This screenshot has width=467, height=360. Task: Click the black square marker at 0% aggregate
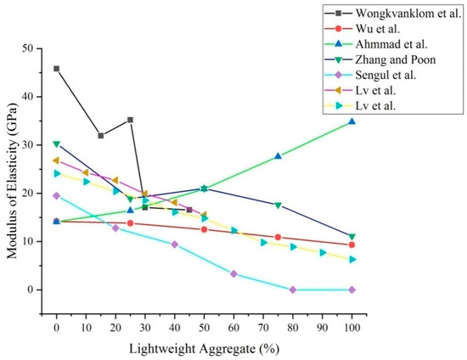pyautogui.click(x=57, y=69)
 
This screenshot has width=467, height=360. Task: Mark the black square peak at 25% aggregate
pyautogui.click(x=130, y=120)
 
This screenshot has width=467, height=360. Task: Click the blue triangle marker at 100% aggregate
pyautogui.click(x=352, y=121)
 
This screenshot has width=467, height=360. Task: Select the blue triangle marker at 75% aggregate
pyautogui.click(x=278, y=156)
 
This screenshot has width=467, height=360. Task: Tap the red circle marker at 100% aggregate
pyautogui.click(x=352, y=245)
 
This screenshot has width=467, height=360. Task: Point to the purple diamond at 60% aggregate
pyautogui.click(x=233, y=273)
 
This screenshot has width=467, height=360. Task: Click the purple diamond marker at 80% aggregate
pyautogui.click(x=293, y=290)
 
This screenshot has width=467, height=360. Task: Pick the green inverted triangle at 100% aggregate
pyautogui.click(x=352, y=237)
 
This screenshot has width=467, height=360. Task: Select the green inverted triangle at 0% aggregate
pyautogui.click(x=57, y=144)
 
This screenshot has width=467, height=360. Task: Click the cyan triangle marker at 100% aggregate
pyautogui.click(x=352, y=259)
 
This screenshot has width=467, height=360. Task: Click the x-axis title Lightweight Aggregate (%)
pyautogui.click(x=205, y=348)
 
